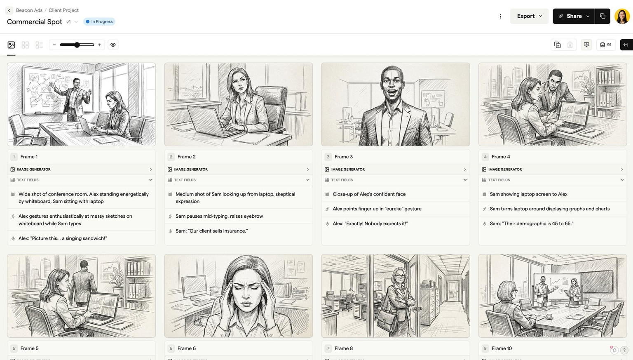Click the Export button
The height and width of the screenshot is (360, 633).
pyautogui.click(x=529, y=16)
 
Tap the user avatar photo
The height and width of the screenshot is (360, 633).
pyautogui.click(x=622, y=16)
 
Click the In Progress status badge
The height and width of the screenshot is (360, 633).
pyautogui.click(x=99, y=21)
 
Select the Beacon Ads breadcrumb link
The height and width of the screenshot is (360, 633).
pyautogui.click(x=29, y=10)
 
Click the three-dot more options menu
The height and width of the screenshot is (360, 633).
pyautogui.click(x=500, y=16)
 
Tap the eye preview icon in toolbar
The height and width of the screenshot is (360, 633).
pyautogui.click(x=113, y=45)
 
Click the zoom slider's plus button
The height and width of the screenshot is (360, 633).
pyautogui.click(x=100, y=45)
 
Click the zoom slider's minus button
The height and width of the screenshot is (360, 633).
pyautogui.click(x=54, y=45)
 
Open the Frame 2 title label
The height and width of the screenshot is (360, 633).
pyautogui.click(x=187, y=157)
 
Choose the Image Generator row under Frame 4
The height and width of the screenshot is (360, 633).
pyautogui.click(x=552, y=169)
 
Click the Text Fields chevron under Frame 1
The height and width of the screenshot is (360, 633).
pyautogui.click(x=151, y=180)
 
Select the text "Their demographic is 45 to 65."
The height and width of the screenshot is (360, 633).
pyautogui.click(x=532, y=224)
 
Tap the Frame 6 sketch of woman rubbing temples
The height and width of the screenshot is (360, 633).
pyautogui.click(x=238, y=295)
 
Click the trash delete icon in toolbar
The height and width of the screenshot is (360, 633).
pyautogui.click(x=570, y=45)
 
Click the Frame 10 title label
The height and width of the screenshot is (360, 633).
pyautogui.click(x=502, y=348)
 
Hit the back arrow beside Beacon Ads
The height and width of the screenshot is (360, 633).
pyautogui.click(x=9, y=10)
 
